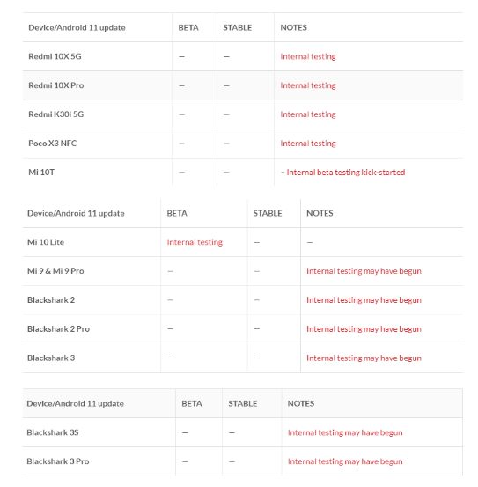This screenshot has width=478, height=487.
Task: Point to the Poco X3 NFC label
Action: [x=53, y=144]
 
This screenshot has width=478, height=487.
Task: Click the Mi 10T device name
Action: [x=41, y=173]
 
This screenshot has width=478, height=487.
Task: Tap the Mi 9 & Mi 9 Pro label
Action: [x=55, y=271]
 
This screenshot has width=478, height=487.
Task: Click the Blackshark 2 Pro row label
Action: [x=58, y=328]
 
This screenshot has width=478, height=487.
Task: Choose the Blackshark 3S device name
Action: [x=53, y=432]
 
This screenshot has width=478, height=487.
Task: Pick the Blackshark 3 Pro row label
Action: [x=57, y=461]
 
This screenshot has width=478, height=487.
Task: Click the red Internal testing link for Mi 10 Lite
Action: [x=195, y=242]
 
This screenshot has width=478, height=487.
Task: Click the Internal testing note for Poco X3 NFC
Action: [x=308, y=144]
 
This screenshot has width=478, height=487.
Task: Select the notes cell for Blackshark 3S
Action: [x=344, y=432]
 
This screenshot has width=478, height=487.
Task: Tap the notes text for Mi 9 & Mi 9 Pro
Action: [x=364, y=271]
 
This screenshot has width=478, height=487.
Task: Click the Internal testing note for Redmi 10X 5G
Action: [x=308, y=56]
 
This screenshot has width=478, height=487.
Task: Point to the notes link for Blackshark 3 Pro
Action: [x=344, y=461]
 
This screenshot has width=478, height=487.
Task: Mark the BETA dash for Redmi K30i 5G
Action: [x=181, y=114]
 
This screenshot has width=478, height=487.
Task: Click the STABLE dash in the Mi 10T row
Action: [x=226, y=173]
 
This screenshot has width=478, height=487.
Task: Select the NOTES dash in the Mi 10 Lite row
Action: [x=310, y=242]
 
